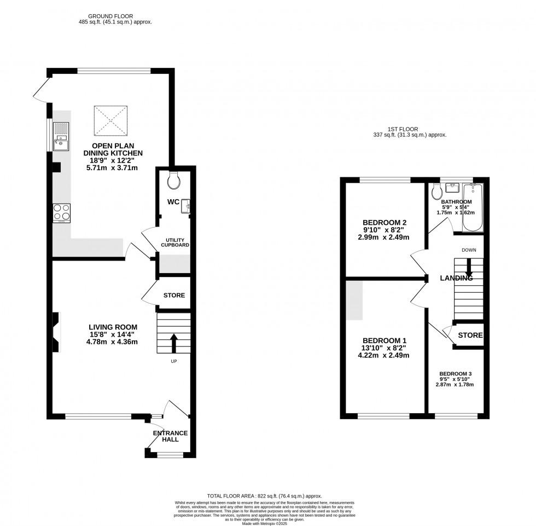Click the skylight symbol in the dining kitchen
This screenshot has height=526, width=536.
click(x=111, y=120)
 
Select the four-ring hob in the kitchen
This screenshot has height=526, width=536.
click(x=61, y=212)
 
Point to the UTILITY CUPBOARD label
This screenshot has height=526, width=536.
click(x=174, y=242)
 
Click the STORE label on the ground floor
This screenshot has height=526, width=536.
click(x=174, y=296)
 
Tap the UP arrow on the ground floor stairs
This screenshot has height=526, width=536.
click(x=174, y=343)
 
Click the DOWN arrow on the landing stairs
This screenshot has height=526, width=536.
click(x=469, y=269)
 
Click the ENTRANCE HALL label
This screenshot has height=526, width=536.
click(x=170, y=437)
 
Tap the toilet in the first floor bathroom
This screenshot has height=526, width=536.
click(x=436, y=192)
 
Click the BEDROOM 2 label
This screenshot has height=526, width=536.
click(x=385, y=222)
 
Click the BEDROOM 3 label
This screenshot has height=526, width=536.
click(x=455, y=373)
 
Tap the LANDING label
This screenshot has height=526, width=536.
click(x=456, y=278)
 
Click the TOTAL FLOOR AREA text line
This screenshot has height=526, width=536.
click(x=268, y=495)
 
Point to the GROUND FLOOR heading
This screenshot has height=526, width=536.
click(x=114, y=16)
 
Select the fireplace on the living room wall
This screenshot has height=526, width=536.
click(x=56, y=331)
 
